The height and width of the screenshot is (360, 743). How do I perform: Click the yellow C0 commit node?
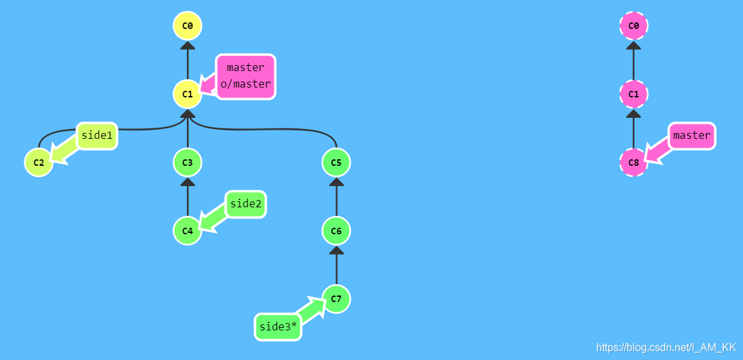(188, 26)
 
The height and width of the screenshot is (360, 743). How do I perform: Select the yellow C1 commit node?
(188, 94)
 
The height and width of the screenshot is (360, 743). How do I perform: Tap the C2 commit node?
(39, 163)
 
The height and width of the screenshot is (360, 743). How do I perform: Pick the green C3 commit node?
(188, 163)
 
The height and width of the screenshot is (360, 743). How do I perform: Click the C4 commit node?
(188, 231)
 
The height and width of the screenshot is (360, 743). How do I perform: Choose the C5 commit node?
(336, 163)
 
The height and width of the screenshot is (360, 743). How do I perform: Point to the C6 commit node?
(336, 231)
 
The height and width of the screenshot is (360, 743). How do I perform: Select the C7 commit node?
(336, 299)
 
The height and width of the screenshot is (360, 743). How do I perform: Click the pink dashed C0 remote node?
(634, 26)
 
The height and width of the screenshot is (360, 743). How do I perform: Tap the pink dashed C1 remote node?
(634, 94)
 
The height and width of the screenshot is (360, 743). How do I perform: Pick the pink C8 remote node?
(634, 163)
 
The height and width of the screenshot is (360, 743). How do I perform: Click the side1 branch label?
(97, 136)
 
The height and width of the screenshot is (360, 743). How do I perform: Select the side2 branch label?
(245, 204)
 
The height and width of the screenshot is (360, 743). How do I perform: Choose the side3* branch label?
(278, 326)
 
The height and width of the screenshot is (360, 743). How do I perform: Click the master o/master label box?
(245, 76)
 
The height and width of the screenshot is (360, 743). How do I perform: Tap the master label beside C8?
(692, 136)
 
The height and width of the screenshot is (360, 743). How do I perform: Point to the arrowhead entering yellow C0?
(188, 45)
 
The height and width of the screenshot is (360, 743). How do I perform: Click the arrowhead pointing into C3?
(188, 182)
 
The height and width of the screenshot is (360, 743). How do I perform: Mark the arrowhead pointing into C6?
(336, 251)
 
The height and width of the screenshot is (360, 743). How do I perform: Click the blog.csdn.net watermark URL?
(665, 347)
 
